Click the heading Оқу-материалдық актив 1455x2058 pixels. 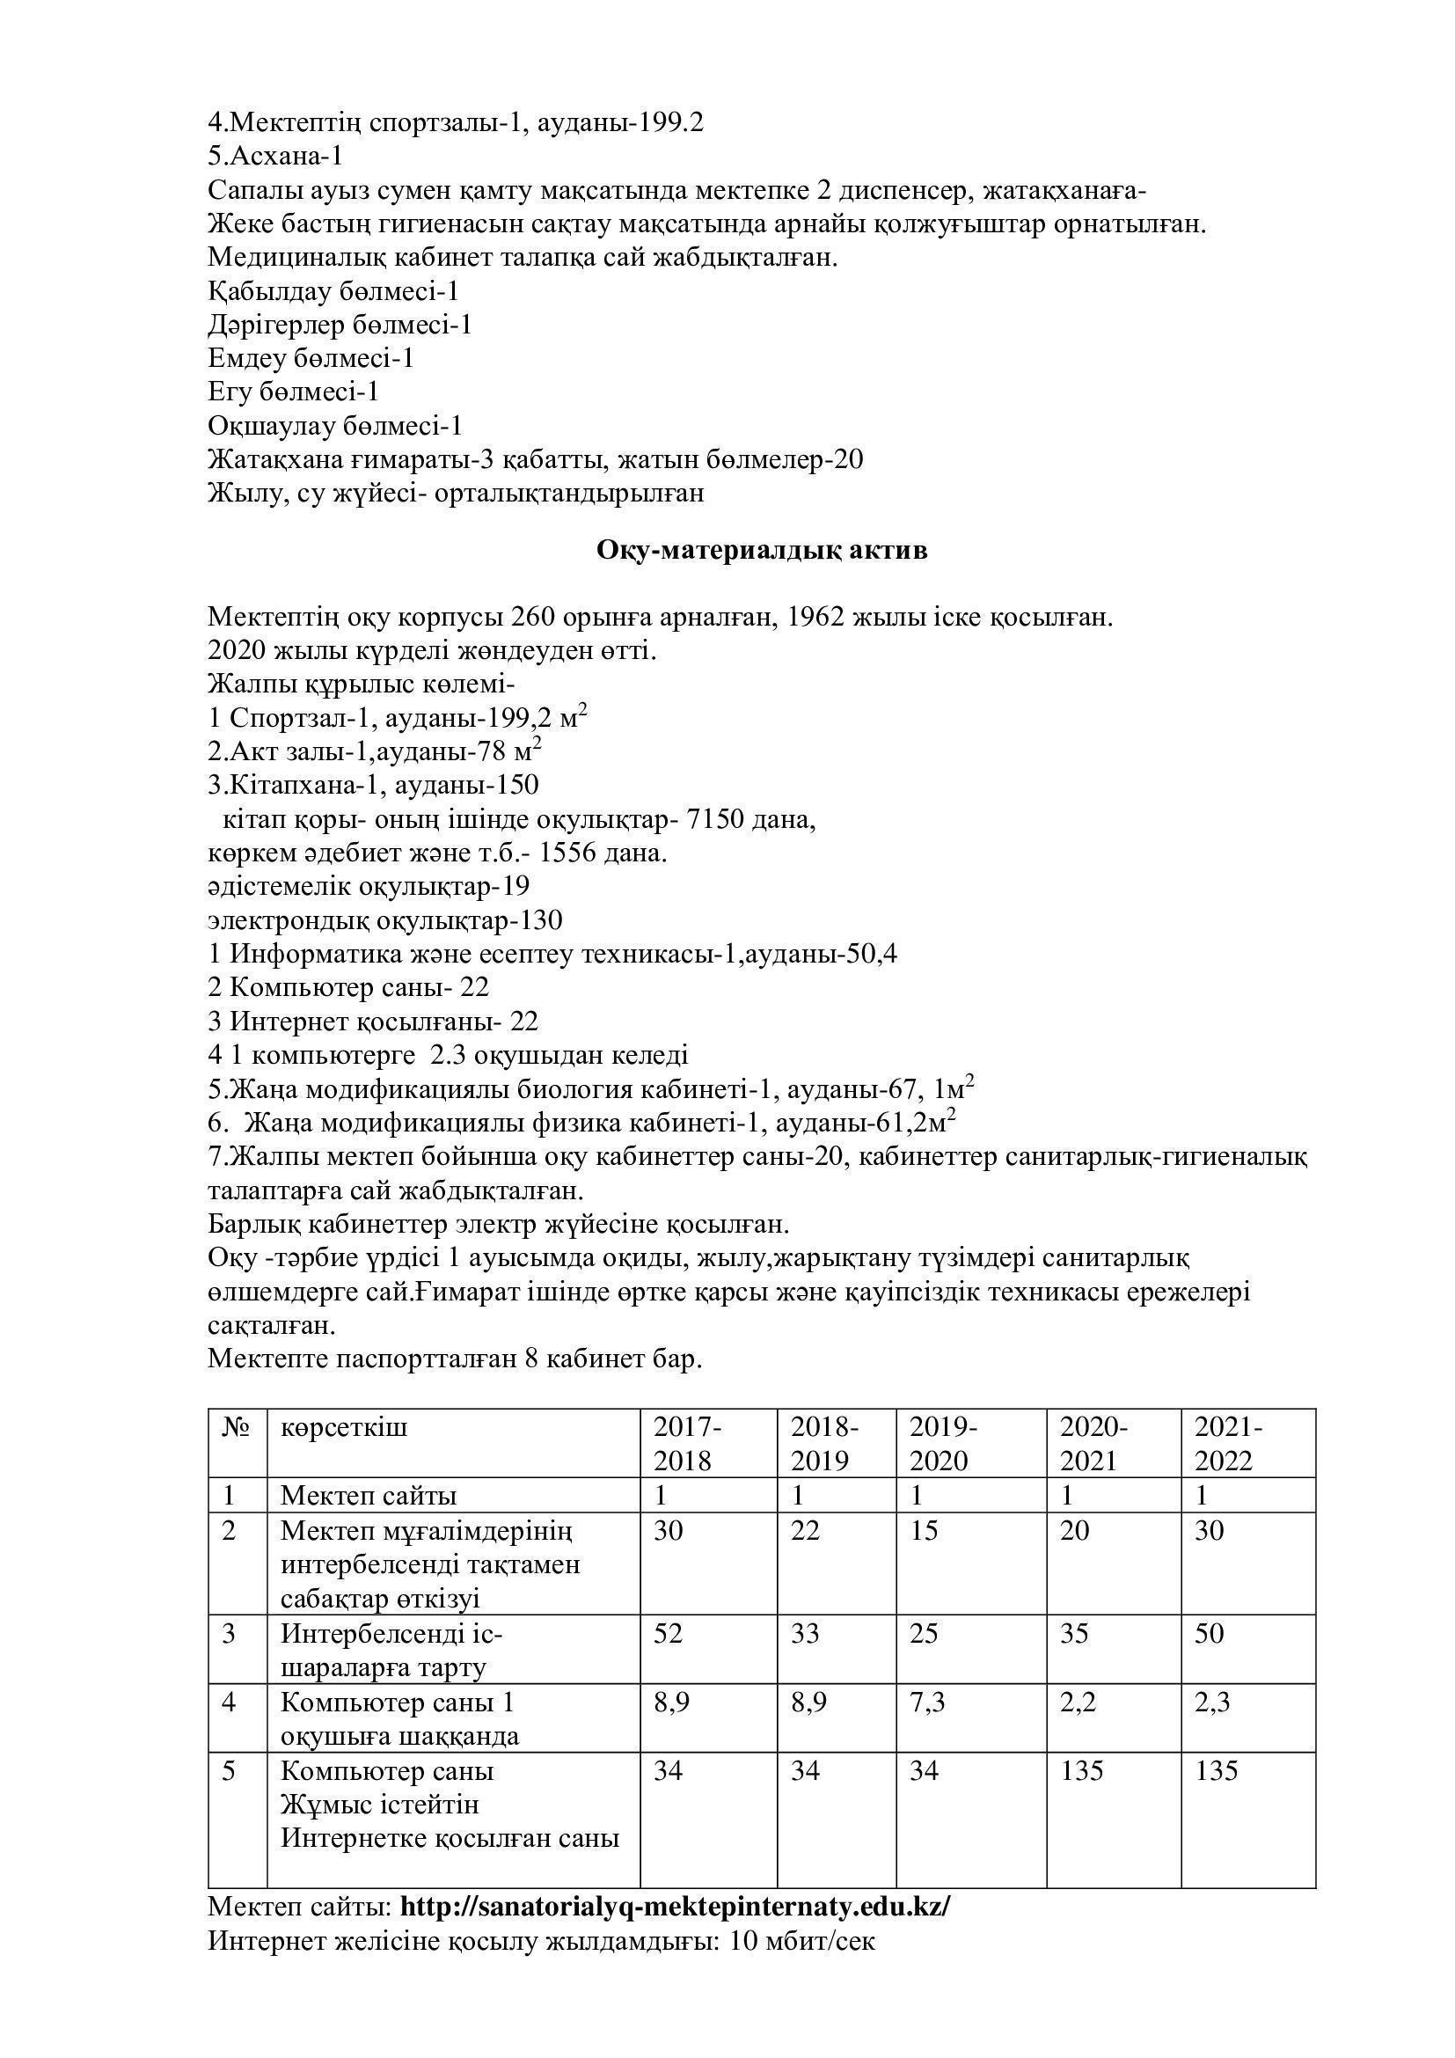[762, 550]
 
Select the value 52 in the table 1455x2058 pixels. [669, 1633]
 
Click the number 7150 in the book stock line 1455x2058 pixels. [713, 819]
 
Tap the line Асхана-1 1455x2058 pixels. [275, 156]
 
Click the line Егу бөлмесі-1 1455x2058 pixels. [293, 392]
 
